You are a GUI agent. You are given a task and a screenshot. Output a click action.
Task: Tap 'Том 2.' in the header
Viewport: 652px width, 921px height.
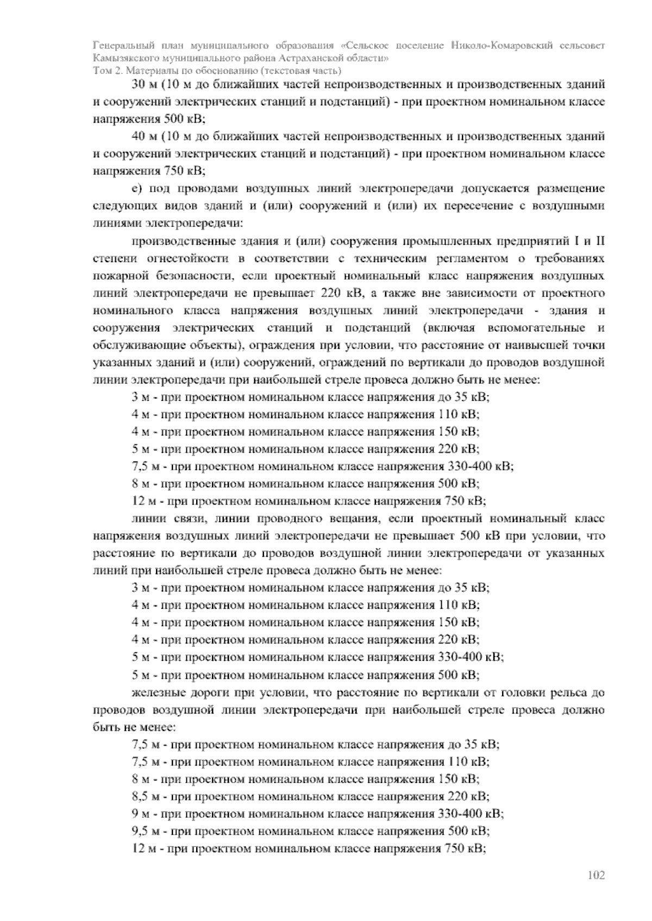(106, 71)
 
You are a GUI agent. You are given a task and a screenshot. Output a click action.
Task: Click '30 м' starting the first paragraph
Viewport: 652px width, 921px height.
(143, 85)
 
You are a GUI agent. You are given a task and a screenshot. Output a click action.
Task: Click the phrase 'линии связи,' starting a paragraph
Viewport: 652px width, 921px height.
(161, 519)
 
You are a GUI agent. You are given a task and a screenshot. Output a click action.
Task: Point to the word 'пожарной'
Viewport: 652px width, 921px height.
(116, 276)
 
